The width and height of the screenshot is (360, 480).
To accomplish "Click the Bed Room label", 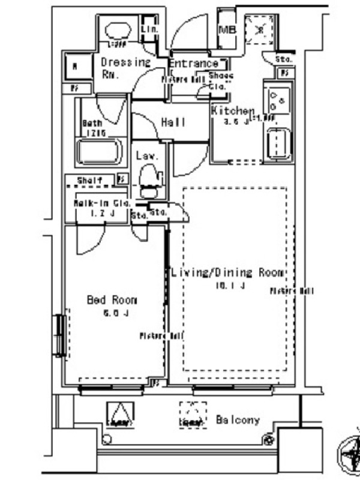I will coord(112,299).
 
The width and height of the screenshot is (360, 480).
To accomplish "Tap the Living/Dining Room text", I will coord(227,273).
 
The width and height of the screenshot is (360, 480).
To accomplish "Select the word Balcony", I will coord(238,420).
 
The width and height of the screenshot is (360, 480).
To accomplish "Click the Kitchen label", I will coord(232,111).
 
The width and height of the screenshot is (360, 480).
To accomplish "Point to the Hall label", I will coord(173,122).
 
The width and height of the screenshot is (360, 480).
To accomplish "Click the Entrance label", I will coord(194,64).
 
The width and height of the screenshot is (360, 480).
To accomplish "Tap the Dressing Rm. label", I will coord(125,67).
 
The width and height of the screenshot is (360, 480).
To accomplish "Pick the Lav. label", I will coord(147,156).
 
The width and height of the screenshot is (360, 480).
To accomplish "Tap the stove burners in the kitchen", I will coord(277,100).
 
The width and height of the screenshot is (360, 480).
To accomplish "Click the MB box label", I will coord(227,30).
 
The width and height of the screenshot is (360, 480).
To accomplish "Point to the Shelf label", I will coord(89,180).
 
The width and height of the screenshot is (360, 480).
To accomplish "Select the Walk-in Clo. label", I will coord(99,204).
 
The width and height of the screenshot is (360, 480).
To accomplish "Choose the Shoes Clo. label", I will coord(218,81).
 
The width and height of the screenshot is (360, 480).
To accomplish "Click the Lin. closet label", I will coord(149,29).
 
